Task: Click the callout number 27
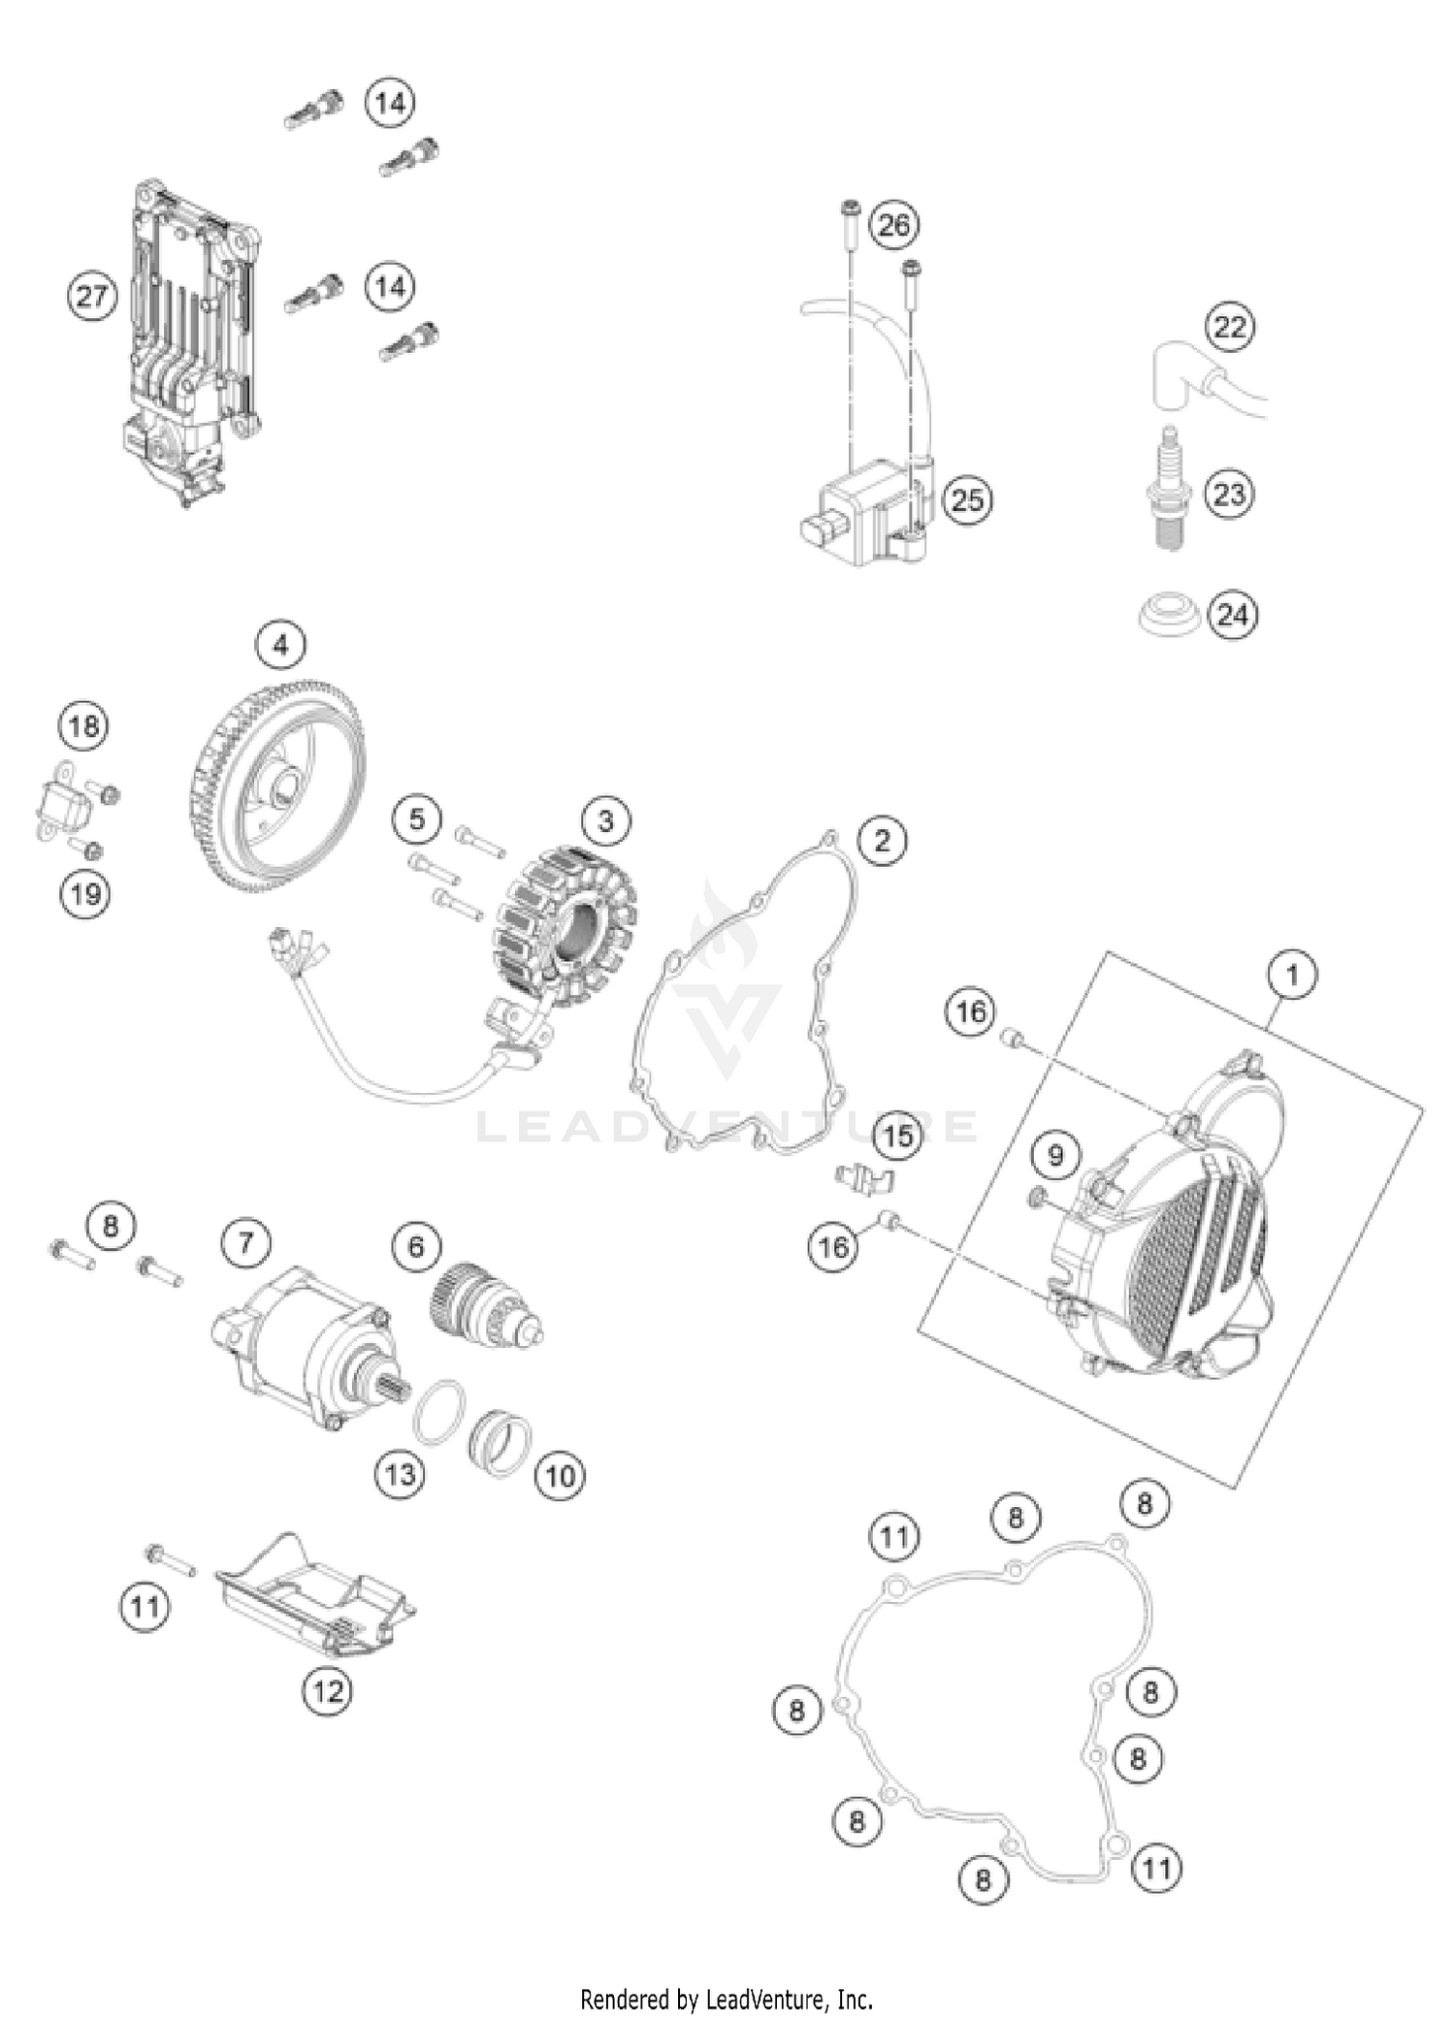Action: [91, 296]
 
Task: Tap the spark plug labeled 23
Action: [1170, 494]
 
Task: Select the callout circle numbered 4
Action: [280, 645]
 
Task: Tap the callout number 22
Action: [1229, 327]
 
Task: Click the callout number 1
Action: [1292, 974]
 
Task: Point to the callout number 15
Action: [896, 1136]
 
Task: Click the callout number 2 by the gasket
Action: [881, 840]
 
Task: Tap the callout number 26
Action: [893, 225]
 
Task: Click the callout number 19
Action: [84, 893]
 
